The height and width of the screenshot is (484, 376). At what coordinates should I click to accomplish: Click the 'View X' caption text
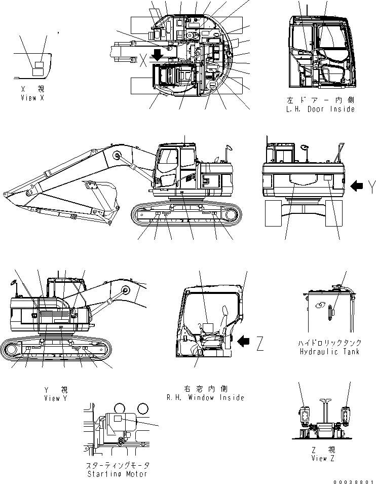(x=32, y=98)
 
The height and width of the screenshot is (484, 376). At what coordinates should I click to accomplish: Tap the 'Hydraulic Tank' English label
(x=329, y=352)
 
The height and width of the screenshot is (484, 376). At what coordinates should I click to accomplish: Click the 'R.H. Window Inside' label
(x=205, y=398)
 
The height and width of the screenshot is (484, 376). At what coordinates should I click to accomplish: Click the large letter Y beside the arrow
(x=371, y=188)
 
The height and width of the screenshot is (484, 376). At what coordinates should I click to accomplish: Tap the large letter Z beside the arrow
(x=260, y=345)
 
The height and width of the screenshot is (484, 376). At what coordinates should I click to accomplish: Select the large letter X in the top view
(x=143, y=60)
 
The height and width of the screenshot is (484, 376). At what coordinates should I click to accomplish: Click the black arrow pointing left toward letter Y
(x=357, y=187)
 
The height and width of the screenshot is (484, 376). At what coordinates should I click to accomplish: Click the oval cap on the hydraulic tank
(x=319, y=306)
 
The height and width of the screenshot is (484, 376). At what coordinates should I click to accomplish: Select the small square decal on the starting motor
(x=118, y=419)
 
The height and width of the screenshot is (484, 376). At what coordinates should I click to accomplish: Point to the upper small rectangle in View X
(x=38, y=64)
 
